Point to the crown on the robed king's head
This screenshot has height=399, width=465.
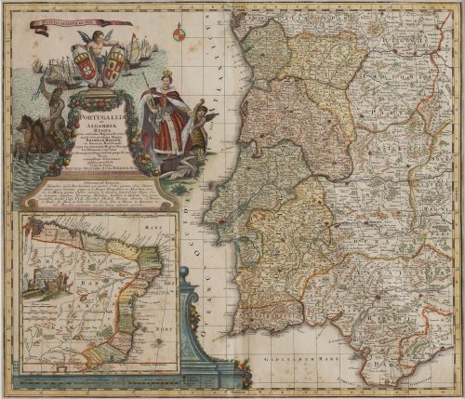pos(168,77)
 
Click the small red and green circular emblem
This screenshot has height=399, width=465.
pos(179,35)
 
